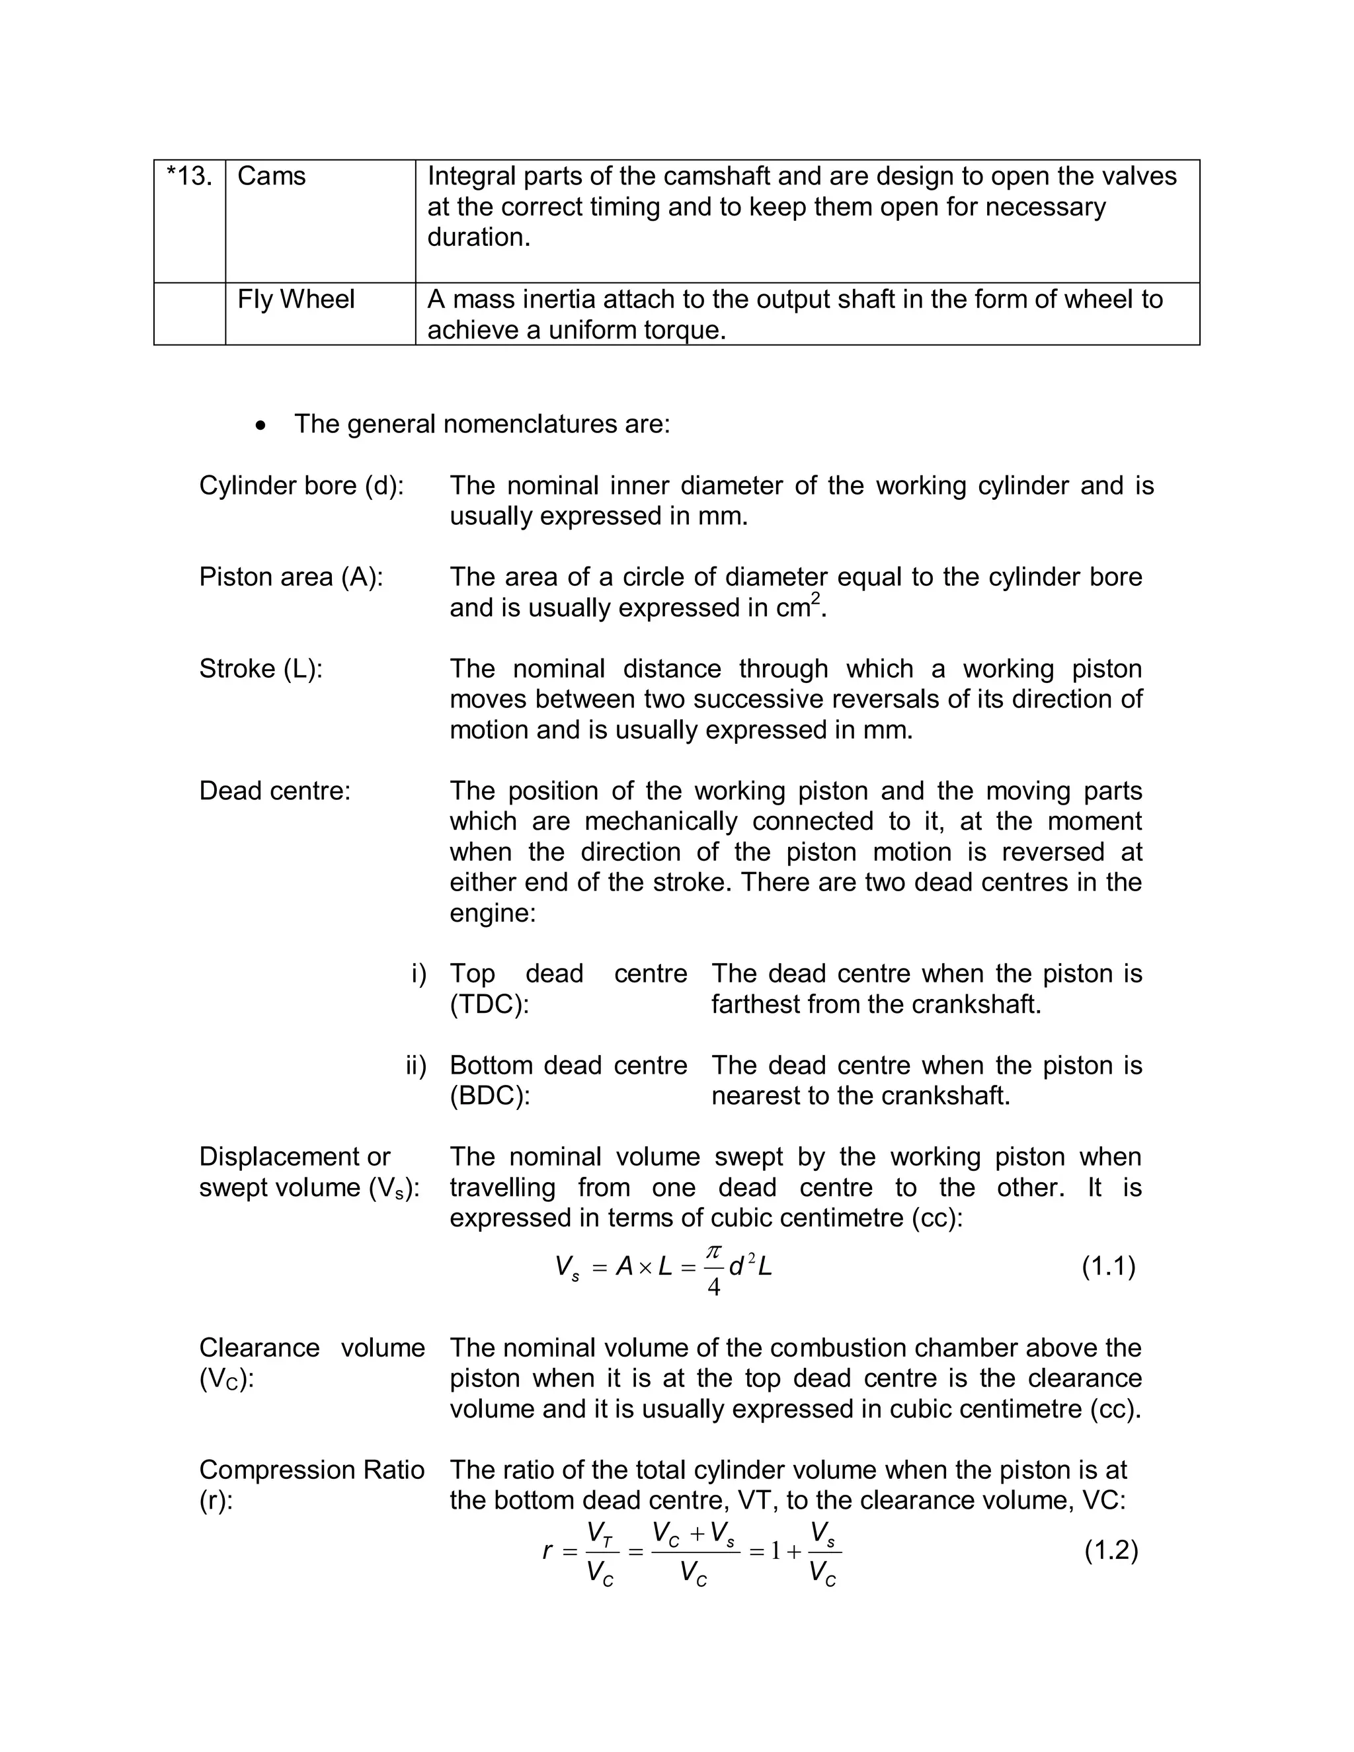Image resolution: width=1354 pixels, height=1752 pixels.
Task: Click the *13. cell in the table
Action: (189, 177)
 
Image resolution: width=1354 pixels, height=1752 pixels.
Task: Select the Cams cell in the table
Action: (271, 177)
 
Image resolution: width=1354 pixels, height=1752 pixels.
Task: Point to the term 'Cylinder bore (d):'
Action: (301, 485)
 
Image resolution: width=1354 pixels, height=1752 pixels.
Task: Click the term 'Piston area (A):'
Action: (290, 577)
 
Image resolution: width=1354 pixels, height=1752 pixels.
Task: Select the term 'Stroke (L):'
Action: (260, 668)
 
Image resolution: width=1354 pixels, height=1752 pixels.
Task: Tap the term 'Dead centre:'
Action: (274, 791)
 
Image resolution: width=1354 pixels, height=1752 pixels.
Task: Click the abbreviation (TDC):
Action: (489, 1004)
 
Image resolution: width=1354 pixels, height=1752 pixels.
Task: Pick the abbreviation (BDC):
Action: (489, 1095)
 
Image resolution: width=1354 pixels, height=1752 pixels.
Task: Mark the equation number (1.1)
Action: (1109, 1267)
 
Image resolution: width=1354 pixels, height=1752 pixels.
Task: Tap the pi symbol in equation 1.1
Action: (713, 1252)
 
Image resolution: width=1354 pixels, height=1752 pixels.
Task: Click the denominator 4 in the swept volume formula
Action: (713, 1287)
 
